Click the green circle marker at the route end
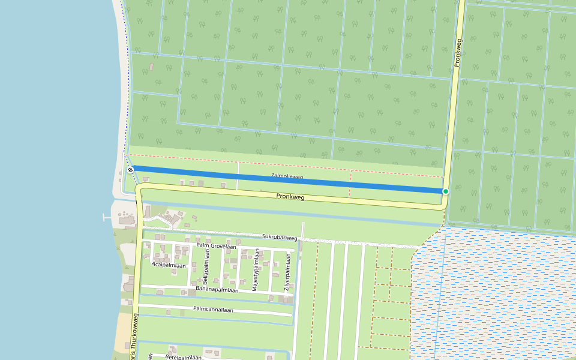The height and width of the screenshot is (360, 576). click(x=446, y=191)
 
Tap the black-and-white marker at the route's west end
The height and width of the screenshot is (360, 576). click(x=130, y=170)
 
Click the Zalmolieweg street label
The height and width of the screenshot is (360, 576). click(x=287, y=176)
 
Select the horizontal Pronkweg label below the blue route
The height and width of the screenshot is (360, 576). click(x=290, y=196)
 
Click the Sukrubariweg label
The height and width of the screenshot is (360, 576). click(x=280, y=238)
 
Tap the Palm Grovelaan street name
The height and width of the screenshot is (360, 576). click(x=216, y=246)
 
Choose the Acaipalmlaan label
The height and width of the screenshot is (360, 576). click(x=169, y=264)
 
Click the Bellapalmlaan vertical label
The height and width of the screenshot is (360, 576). click(x=205, y=268)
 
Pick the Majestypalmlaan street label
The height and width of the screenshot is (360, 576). click(x=254, y=271)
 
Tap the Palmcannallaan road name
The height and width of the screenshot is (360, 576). click(x=213, y=309)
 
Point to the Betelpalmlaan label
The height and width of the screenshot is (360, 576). click(x=182, y=358)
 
